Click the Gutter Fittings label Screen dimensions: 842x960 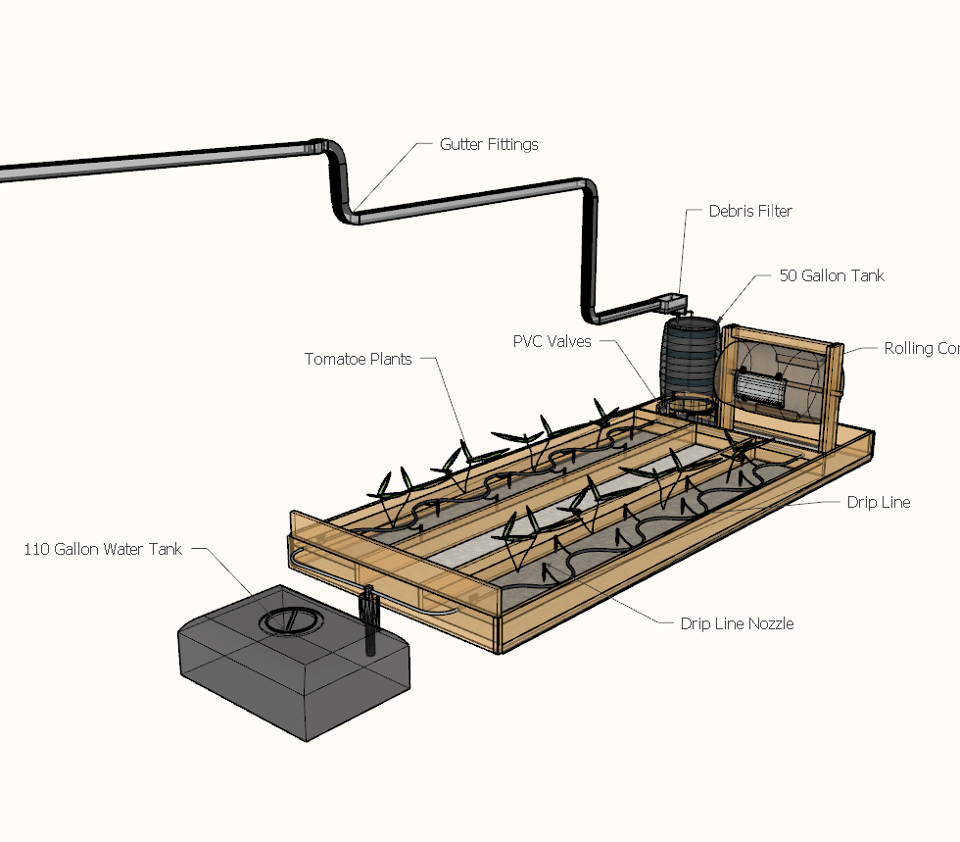click(488, 144)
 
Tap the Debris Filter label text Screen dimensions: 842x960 click(750, 211)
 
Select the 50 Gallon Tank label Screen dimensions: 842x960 click(832, 276)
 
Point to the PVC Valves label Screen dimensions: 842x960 click(552, 342)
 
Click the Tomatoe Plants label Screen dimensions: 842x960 click(358, 359)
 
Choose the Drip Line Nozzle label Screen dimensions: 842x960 click(737, 623)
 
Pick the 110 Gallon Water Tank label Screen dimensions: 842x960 click(103, 549)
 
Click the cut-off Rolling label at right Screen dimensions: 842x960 click(921, 348)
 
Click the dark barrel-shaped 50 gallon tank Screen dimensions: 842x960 click(692, 358)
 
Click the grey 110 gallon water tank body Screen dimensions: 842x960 click(294, 676)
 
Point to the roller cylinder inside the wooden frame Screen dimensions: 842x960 click(762, 388)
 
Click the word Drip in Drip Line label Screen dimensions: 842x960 click(862, 502)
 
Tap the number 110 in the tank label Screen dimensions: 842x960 click(35, 549)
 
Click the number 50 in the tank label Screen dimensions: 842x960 click(789, 276)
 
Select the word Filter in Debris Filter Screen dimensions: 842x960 click(774, 211)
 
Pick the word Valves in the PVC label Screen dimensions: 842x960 click(569, 342)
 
